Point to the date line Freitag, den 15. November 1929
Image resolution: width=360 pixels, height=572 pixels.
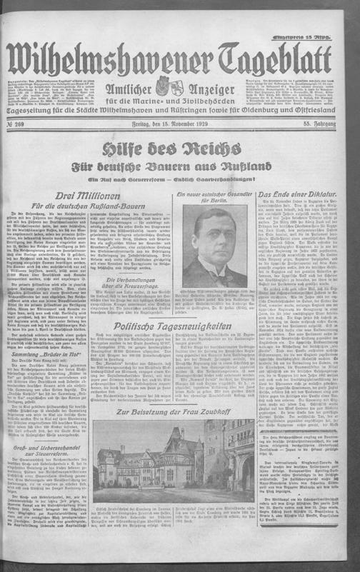click(179, 126)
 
